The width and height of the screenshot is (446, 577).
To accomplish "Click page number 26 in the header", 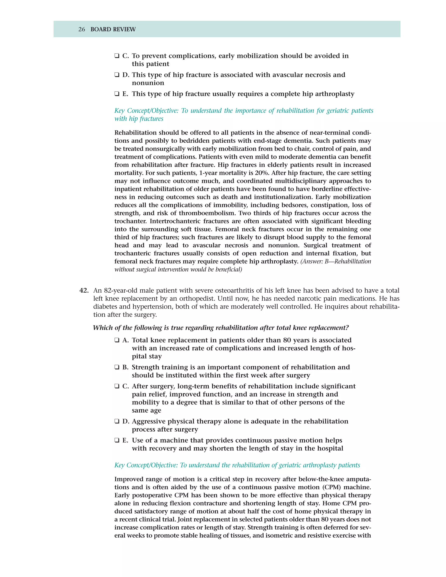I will coord(82,29).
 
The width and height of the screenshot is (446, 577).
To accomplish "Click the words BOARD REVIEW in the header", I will coord(113,29).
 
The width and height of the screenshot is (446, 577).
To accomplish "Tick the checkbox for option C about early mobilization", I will coord(117,56).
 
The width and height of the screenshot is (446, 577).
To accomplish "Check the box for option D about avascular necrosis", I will coord(117,75).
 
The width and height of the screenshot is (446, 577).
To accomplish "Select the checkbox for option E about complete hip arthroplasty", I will coord(117,94).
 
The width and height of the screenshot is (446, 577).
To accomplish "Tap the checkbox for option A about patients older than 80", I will coord(117,340).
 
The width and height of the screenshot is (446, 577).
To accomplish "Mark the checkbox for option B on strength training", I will coord(117,367).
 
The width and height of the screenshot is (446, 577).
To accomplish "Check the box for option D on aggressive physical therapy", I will coord(117,421).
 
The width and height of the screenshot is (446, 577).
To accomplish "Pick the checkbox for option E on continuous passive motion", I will coord(117,440).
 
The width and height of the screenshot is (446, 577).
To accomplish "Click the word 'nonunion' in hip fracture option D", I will coord(148,83).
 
